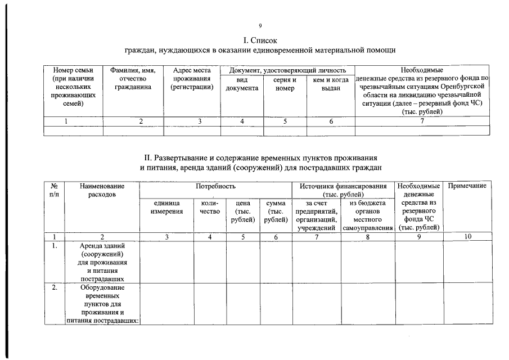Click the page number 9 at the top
point(260,26)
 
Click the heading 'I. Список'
point(260,40)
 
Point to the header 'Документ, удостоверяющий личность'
point(287,70)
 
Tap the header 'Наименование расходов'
point(102,190)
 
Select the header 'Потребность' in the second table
point(215,186)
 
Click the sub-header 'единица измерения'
point(166,207)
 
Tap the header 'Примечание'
point(467,186)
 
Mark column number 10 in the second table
point(467,237)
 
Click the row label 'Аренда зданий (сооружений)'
point(102,250)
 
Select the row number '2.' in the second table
point(55,288)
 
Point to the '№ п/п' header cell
point(55,190)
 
